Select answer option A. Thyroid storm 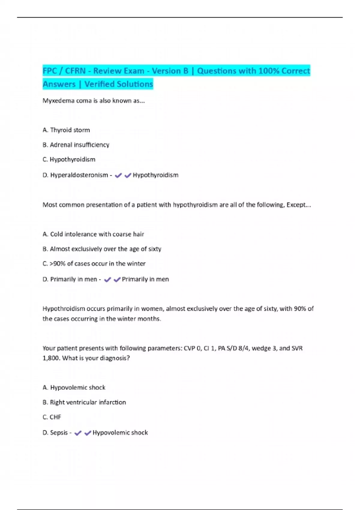(x=66, y=130)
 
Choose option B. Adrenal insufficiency (x=76, y=145)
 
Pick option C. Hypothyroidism (x=69, y=160)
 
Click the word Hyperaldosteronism (x=79, y=175)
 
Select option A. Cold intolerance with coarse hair (x=93, y=234)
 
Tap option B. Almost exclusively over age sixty (x=102, y=249)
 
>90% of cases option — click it (x=94, y=264)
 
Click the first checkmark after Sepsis (x=78, y=433)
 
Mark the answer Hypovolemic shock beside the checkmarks (x=120, y=433)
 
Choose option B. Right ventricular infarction (x=84, y=402)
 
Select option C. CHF (x=52, y=417)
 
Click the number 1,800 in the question (x=51, y=358)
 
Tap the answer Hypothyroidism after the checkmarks (x=155, y=175)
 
